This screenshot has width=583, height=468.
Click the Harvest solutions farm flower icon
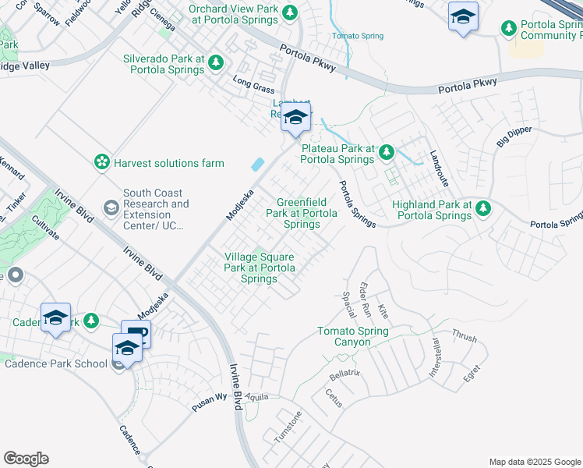pyautogui.click(x=101, y=162)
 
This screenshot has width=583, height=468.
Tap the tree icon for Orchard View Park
pyautogui.click(x=290, y=12)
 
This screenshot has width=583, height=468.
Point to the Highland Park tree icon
pyautogui.click(x=483, y=207)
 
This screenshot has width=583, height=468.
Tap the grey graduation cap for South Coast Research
pyautogui.click(x=111, y=207)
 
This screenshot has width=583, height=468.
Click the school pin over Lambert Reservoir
pyautogui.click(x=295, y=118)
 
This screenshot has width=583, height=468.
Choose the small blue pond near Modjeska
pyautogui.click(x=256, y=165)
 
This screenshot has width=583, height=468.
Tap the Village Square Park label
pyautogui.click(x=260, y=267)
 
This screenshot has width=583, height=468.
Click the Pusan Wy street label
pyautogui.click(x=210, y=397)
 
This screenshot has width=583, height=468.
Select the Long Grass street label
pyautogui.click(x=253, y=84)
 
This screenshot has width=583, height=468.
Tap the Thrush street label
pyautogui.click(x=464, y=338)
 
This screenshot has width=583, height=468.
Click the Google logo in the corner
pyautogui.click(x=26, y=459)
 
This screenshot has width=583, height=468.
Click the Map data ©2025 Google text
pyautogui.click(x=534, y=462)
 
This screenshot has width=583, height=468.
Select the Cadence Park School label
pyautogui.click(x=56, y=363)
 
